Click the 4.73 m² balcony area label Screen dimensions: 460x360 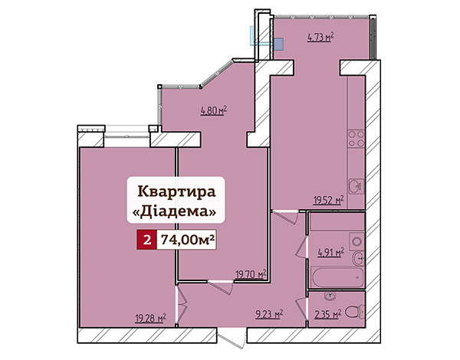coord(320,38)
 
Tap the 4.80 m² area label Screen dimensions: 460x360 coord(214,110)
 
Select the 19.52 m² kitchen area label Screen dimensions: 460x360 coord(329,201)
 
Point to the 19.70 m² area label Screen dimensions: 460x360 coord(251,274)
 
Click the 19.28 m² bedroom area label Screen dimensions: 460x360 coord(150,318)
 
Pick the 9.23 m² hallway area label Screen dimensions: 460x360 coord(269,314)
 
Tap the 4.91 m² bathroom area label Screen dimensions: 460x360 coord(331,252)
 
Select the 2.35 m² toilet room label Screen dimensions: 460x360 coord(327,314)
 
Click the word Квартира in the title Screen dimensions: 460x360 coord(176,192)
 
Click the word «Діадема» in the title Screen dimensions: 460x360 coord(175,211)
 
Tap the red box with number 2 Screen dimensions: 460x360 coord(147,240)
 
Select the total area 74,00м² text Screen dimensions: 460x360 coord(187,240)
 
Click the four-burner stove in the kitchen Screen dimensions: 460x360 coord(356,139)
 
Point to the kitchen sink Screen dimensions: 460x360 coord(356,186)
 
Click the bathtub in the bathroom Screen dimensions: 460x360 coord(337,277)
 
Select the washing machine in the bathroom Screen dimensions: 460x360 coord(356,241)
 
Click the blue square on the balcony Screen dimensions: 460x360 coord(278,44)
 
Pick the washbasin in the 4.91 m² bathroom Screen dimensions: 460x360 coord(359,259)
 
